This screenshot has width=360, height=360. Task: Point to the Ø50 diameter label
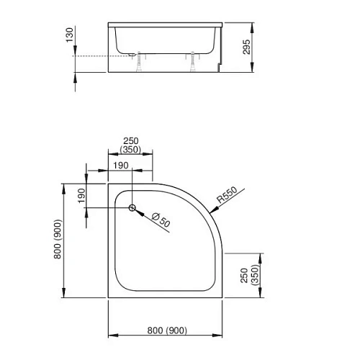point(163,220)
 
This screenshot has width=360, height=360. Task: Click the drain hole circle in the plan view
point(132,208)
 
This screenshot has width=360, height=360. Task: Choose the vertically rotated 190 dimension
point(81,194)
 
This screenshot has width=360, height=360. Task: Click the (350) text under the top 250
point(130,151)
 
